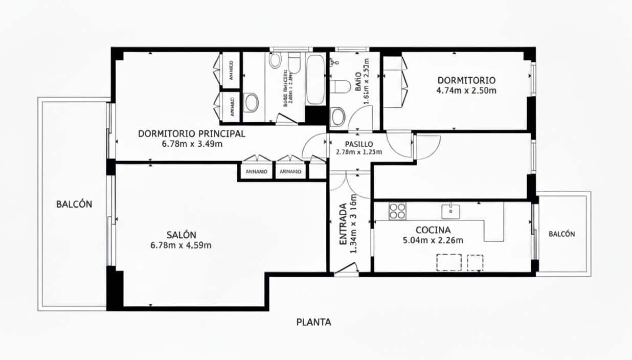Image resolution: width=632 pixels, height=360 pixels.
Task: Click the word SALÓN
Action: pyautogui.click(x=181, y=235)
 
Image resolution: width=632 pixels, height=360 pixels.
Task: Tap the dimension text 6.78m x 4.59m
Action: pyautogui.click(x=181, y=245)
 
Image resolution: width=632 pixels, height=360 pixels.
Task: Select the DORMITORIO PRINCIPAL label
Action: pyautogui.click(x=192, y=134)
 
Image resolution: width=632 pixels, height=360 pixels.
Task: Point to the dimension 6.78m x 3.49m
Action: pyautogui.click(x=192, y=144)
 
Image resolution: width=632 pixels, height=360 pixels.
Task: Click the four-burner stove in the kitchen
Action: pyautogui.click(x=397, y=211)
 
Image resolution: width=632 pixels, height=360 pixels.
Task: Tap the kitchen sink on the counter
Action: pyautogui.click(x=450, y=210)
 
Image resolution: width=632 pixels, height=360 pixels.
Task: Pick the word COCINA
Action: pyautogui.click(x=433, y=230)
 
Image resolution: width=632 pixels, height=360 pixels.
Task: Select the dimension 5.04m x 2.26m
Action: pyautogui.click(x=433, y=240)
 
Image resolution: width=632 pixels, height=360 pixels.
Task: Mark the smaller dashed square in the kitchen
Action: pyautogui.click(x=475, y=262)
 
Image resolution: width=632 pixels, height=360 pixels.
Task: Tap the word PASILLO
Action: pyautogui.click(x=358, y=144)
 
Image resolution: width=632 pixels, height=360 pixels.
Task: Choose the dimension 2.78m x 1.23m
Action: pyautogui.click(x=358, y=152)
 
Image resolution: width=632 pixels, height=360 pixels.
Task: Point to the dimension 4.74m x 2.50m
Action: pyautogui.click(x=466, y=91)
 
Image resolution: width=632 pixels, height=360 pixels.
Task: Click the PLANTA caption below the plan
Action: pyautogui.click(x=313, y=322)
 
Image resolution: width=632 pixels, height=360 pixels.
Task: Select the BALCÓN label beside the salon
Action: pyautogui.click(x=74, y=204)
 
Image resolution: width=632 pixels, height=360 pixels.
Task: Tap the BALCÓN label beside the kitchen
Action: pyautogui.click(x=561, y=234)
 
